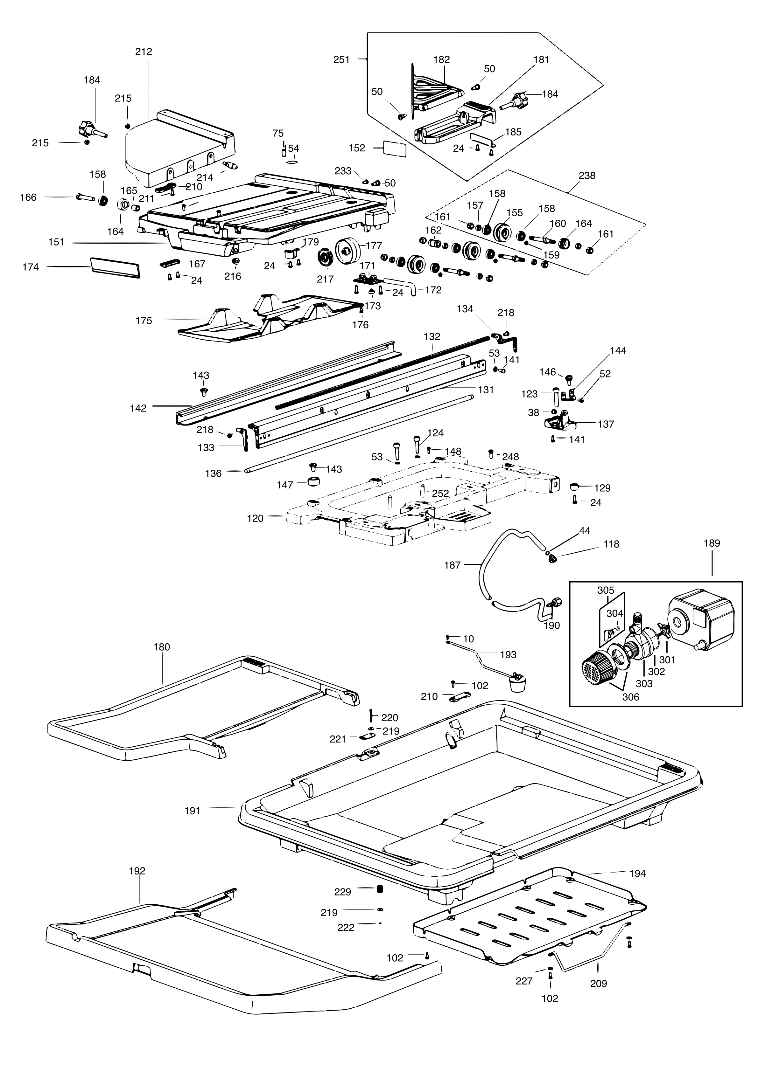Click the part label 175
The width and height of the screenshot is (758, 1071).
(x=144, y=321)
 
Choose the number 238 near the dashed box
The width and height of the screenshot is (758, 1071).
(x=587, y=176)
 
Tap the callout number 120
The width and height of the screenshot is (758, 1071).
(x=255, y=518)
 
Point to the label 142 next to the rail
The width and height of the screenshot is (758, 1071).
(x=138, y=408)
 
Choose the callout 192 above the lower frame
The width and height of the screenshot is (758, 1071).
(x=137, y=870)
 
